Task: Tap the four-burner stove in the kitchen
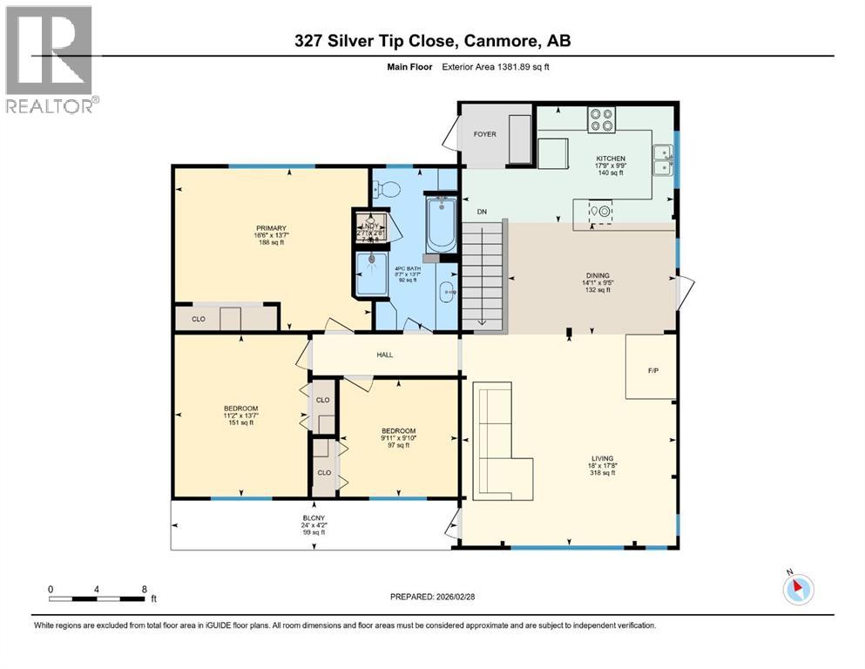(x=601, y=118)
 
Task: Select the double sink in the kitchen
(x=663, y=159)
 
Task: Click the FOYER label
(x=484, y=135)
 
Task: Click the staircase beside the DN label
(x=483, y=275)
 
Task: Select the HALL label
(x=385, y=355)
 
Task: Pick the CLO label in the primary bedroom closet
(x=199, y=319)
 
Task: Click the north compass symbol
(x=797, y=588)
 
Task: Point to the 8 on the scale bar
(x=143, y=589)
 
